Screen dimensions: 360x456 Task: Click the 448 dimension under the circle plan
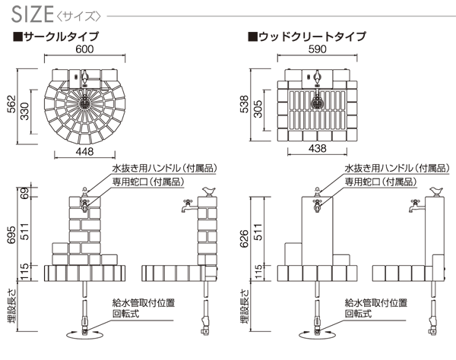84,150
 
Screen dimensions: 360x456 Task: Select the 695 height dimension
11,235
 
